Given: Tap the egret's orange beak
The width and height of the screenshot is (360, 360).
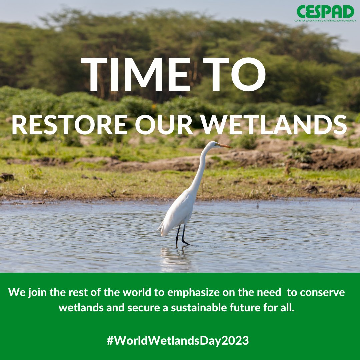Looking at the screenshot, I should [x=225, y=145].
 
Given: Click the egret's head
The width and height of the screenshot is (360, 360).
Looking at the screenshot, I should [x=213, y=144].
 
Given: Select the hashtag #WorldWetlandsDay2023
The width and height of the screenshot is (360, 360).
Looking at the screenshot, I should [x=178, y=341].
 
